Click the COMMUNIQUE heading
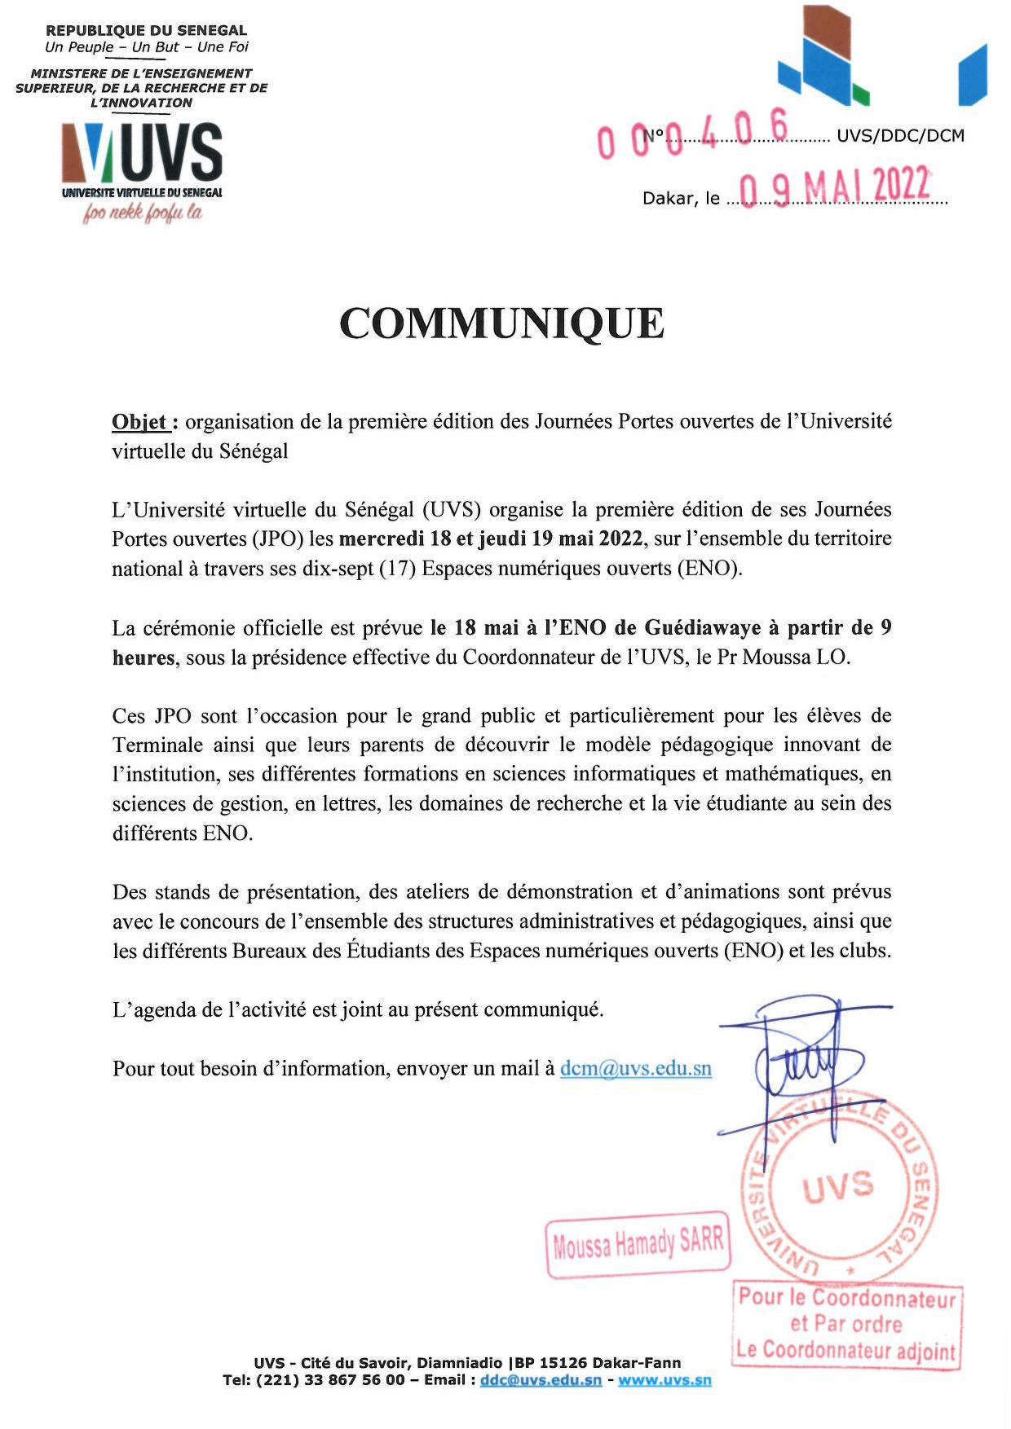pyautogui.click(x=501, y=323)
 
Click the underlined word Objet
pyautogui.click(x=139, y=422)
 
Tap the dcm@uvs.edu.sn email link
pyautogui.click(x=636, y=1068)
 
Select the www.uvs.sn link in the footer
pyautogui.click(x=664, y=1380)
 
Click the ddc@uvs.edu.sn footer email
pyautogui.click(x=541, y=1380)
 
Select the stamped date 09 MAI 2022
pyautogui.click(x=832, y=187)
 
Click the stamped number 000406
pyautogui.click(x=694, y=134)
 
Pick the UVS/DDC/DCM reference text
pyautogui.click(x=900, y=136)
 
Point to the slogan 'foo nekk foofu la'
pyautogui.click(x=142, y=213)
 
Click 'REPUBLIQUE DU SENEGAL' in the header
pyautogui.click(x=146, y=31)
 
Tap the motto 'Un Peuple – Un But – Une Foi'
pyautogui.click(x=147, y=47)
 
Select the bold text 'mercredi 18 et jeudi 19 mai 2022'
pyautogui.click(x=490, y=539)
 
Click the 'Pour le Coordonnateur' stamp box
pyautogui.click(x=846, y=1324)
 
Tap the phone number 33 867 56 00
pyautogui.click(x=354, y=1380)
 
